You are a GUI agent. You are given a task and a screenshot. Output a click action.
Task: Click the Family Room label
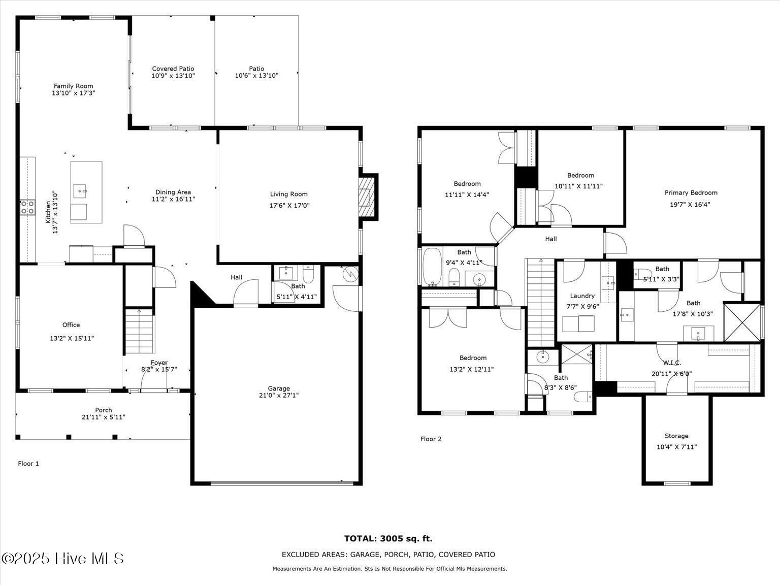pos(73,86)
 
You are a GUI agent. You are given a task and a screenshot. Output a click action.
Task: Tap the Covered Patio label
pos(173,69)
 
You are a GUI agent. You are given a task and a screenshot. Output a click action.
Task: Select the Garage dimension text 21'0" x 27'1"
pos(279,395)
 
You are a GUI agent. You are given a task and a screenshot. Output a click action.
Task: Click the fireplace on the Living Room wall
pos(367,197)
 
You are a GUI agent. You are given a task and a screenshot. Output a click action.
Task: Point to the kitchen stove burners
pos(27,207)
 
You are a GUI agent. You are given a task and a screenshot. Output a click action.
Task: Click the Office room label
pos(71,324)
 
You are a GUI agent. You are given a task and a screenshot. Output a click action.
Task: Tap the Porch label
pos(104,410)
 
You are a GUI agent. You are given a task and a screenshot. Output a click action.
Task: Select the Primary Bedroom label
pos(691,193)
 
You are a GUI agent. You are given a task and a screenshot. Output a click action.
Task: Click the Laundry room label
pos(582,296)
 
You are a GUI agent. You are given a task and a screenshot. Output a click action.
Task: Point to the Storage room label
pos(676,436)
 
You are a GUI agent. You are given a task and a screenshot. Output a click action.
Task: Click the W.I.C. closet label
pos(672,363)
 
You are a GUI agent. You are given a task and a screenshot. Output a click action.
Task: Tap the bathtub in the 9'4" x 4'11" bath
pos(432,267)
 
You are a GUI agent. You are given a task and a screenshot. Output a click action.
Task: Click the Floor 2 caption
pos(431,439)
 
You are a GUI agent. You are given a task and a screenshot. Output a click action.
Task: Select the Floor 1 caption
pos(28,464)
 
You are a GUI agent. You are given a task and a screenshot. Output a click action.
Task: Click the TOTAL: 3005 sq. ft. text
pos(388,539)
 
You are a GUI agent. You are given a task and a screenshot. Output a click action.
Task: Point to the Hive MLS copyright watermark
pos(62,559)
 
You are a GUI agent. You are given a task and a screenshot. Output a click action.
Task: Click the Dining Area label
pos(173,192)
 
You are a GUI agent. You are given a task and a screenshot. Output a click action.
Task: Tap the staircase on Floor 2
pos(540,303)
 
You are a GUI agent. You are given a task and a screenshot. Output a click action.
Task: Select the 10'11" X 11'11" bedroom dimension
pos(578,186)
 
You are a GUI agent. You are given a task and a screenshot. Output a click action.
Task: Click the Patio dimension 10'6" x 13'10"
pos(256,75)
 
